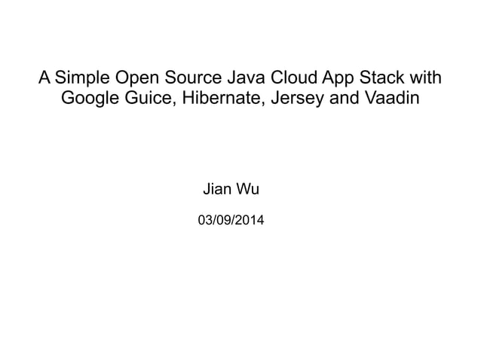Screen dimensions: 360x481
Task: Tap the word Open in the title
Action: click(x=136, y=78)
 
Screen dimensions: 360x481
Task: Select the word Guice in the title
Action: click(x=148, y=99)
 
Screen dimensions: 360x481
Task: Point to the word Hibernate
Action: click(x=216, y=99)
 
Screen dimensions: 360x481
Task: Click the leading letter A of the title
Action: click(x=44, y=78)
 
